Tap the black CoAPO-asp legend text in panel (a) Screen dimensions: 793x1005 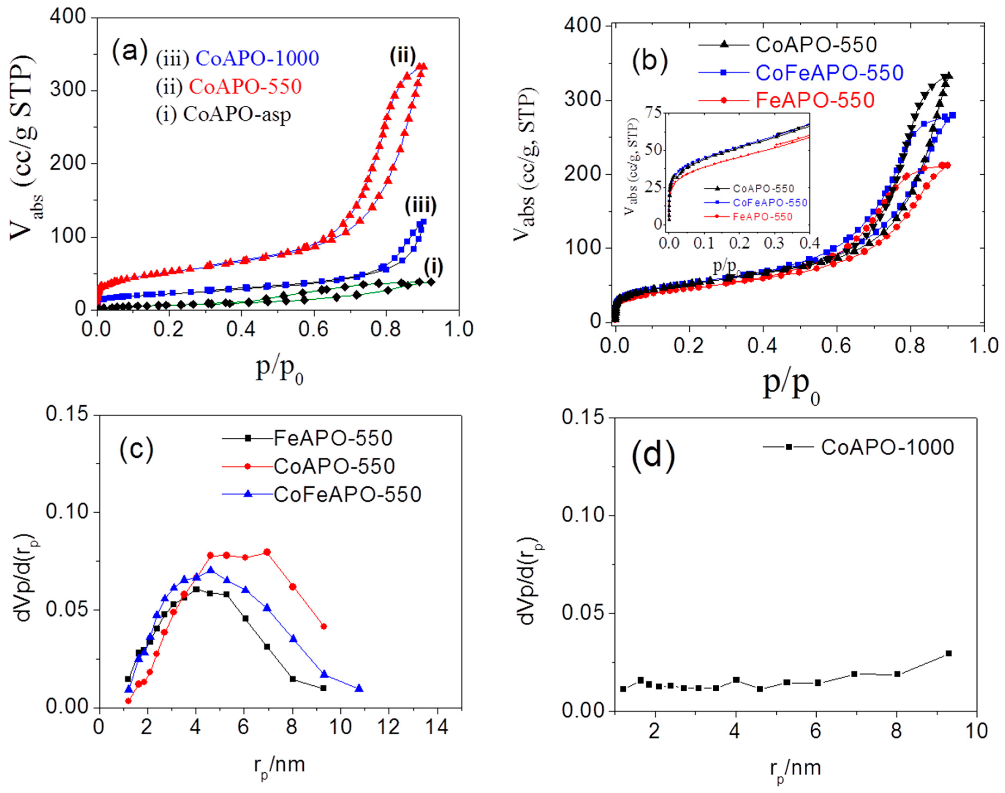coord(237,114)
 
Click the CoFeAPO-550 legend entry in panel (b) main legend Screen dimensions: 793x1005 coord(829,73)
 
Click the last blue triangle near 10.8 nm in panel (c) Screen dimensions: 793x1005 coord(359,688)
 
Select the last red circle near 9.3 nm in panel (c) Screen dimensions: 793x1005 coord(324,627)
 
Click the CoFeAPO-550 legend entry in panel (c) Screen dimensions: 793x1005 coord(347,494)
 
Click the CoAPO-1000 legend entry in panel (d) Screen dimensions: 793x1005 coord(888,447)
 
